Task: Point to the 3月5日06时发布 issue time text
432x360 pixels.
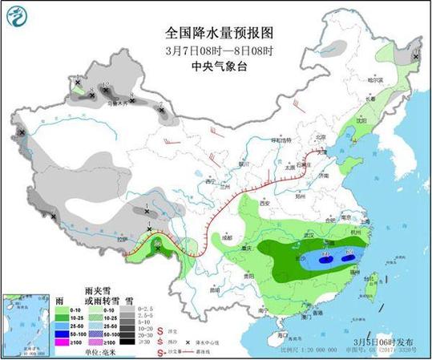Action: pos(382,340)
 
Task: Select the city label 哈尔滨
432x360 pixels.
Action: pos(388,79)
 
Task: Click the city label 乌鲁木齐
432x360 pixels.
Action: pos(118,103)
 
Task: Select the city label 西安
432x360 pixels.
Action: pos(265,204)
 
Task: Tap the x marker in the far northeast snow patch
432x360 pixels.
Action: pos(416,57)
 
